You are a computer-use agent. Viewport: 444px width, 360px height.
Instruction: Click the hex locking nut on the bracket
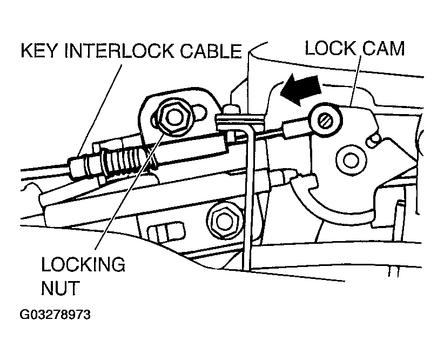click(x=174, y=116)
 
